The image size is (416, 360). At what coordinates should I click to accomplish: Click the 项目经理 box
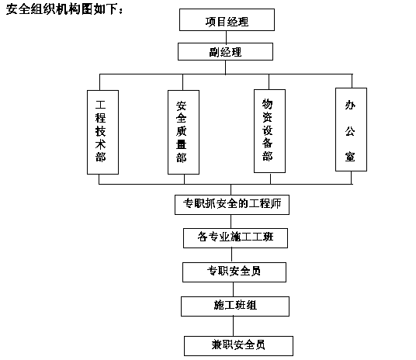(227, 20)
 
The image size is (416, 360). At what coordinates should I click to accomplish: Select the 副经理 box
(225, 52)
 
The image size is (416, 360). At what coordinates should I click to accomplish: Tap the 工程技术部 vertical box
(102, 132)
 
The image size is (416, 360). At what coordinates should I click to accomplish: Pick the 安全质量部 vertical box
(183, 132)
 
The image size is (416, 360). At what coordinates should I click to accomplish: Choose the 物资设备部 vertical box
(269, 131)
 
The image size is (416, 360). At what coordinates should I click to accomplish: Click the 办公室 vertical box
(351, 130)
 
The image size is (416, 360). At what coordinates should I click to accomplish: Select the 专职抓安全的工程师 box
(232, 205)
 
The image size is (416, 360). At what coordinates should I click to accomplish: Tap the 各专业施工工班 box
(235, 238)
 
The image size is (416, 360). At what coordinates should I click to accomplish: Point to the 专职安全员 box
(234, 272)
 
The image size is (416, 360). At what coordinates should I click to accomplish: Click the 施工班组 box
(235, 306)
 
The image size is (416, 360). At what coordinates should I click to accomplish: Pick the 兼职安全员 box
(238, 346)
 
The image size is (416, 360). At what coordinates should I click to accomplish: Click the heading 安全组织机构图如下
(64, 9)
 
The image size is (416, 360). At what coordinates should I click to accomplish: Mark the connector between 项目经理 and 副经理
(226, 37)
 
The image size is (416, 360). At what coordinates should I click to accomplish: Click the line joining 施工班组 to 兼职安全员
(233, 327)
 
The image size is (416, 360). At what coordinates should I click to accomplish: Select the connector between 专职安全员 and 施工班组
(233, 289)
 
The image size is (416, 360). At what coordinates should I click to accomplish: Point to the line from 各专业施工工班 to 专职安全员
(231, 255)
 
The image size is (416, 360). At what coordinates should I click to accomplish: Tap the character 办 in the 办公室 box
(350, 105)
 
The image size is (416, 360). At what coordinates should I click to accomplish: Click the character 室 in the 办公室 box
(350, 157)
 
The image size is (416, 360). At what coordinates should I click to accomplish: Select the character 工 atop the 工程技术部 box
(101, 105)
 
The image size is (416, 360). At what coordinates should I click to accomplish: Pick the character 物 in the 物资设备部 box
(268, 104)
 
